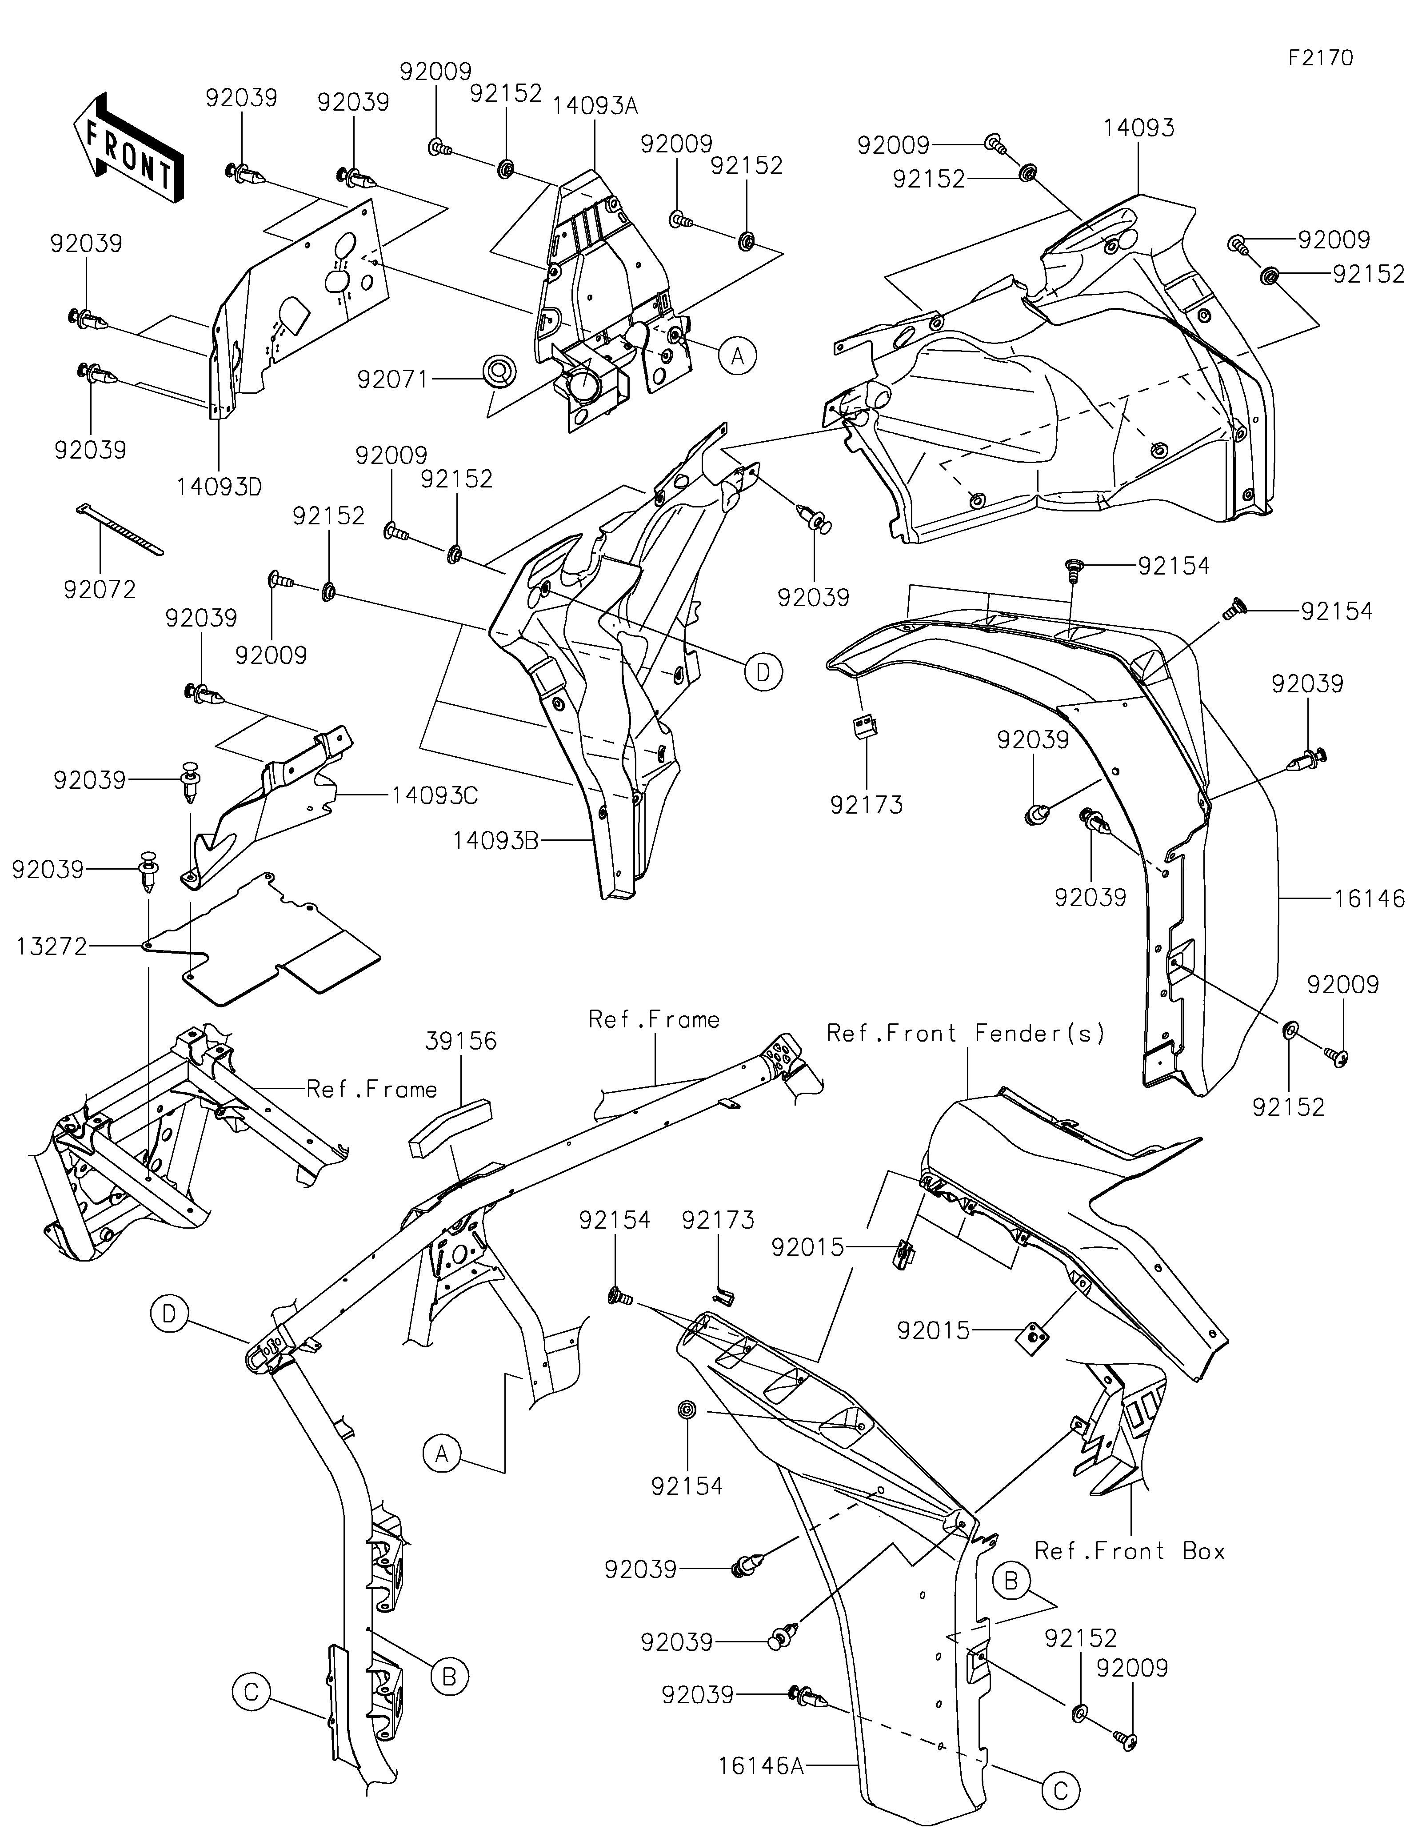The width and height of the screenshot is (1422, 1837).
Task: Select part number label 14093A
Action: pos(595,105)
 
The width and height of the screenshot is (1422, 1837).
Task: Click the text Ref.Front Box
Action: pos(1129,1551)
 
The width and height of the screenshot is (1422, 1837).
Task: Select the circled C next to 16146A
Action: pos(1060,1792)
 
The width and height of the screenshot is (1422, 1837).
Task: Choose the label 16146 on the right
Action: pos(1369,899)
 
